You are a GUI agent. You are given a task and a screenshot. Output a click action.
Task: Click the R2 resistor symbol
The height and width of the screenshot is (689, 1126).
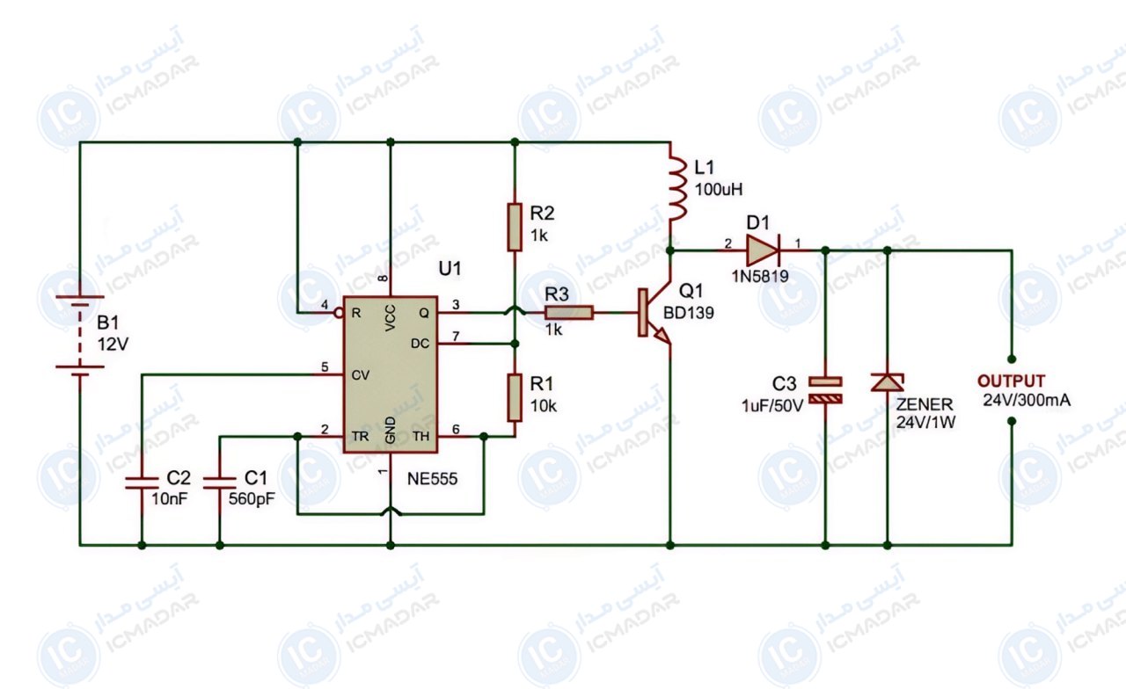click(x=515, y=227)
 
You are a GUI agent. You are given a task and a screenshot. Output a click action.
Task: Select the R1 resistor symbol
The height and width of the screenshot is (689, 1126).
click(x=515, y=397)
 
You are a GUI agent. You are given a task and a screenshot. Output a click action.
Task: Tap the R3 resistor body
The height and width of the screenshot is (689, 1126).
click(x=569, y=313)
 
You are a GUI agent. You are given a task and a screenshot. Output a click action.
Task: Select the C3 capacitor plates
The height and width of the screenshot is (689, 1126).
click(x=825, y=390)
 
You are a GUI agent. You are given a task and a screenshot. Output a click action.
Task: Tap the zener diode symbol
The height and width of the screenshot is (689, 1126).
click(x=888, y=382)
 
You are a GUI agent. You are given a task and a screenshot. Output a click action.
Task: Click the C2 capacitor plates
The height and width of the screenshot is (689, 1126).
click(x=142, y=482)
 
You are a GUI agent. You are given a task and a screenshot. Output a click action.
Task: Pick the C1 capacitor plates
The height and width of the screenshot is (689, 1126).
click(x=220, y=482)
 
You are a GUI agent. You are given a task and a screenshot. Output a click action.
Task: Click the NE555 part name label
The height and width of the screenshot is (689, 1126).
click(x=432, y=479)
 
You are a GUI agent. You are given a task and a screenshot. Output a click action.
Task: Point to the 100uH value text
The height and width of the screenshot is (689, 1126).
click(x=719, y=189)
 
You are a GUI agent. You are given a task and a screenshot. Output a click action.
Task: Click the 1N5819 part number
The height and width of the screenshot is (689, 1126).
click(x=760, y=276)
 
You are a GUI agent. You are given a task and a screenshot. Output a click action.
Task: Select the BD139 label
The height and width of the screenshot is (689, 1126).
click(x=689, y=313)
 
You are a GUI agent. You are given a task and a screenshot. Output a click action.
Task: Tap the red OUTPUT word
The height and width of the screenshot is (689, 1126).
click(x=1011, y=381)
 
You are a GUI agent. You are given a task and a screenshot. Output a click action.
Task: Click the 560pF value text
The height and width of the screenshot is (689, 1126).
click(x=252, y=499)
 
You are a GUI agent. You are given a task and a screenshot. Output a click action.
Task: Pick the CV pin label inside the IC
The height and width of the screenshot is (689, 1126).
click(x=361, y=375)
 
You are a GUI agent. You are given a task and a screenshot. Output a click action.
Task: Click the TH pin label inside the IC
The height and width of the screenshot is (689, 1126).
click(x=421, y=436)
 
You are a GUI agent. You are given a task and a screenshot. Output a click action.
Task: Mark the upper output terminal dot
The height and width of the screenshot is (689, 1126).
click(x=1012, y=359)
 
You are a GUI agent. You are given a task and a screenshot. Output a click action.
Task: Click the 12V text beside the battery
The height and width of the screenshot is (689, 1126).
click(x=113, y=344)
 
